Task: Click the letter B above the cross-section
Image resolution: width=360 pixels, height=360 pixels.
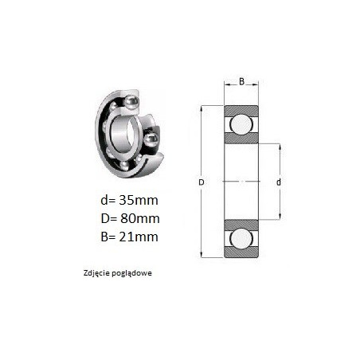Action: click(x=241, y=81)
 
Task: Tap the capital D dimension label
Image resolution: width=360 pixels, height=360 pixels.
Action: click(x=202, y=182)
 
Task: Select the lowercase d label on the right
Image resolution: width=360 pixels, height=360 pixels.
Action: click(x=279, y=182)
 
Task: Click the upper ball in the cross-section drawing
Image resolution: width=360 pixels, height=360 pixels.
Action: click(x=241, y=124)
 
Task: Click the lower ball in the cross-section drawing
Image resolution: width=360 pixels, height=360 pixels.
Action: click(x=241, y=238)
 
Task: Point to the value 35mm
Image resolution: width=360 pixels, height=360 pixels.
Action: click(x=139, y=200)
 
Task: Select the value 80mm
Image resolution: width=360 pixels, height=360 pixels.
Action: click(x=140, y=218)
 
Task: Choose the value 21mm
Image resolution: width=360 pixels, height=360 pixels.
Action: click(x=139, y=237)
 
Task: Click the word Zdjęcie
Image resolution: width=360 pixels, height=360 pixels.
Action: click(x=96, y=273)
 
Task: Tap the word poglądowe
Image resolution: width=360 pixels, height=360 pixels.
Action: click(x=132, y=273)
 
